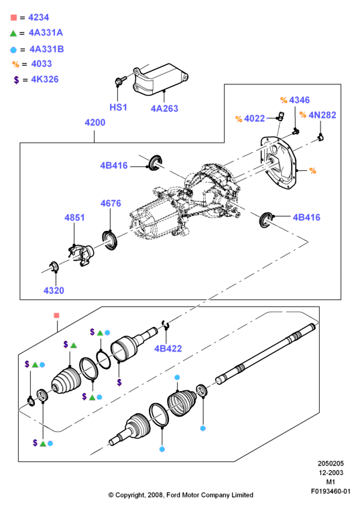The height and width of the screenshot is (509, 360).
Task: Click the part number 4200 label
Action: (95, 123)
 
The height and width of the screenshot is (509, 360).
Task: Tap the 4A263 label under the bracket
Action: (164, 108)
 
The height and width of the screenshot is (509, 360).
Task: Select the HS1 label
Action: (118, 107)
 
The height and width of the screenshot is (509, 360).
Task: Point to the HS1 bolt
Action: (120, 80)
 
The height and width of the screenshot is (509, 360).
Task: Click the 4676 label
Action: (111, 203)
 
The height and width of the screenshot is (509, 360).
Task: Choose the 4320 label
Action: (54, 290)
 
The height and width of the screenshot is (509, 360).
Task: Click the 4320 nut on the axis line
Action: (54, 267)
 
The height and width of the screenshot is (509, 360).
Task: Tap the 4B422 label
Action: (168, 348)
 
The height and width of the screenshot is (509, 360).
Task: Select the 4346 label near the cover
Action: (299, 100)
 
